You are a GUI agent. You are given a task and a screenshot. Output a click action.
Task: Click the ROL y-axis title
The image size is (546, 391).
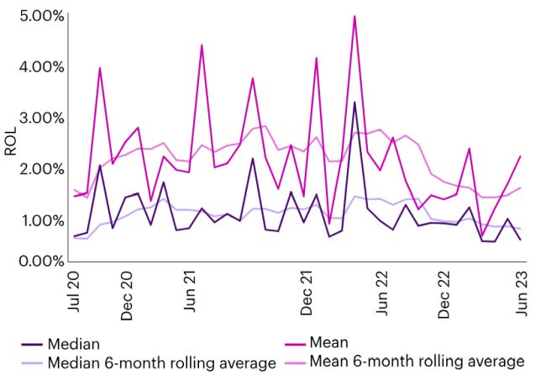click(11, 140)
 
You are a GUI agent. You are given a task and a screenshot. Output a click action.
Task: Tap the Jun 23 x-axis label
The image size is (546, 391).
click(521, 291)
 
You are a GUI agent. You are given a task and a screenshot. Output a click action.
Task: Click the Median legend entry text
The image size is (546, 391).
click(75, 343)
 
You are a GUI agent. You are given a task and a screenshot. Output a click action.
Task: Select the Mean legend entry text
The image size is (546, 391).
click(328, 342)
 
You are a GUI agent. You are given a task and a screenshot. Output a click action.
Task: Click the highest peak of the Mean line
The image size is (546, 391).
click(354, 16)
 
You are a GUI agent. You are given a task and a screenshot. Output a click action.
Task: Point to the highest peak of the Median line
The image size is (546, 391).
click(354, 103)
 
